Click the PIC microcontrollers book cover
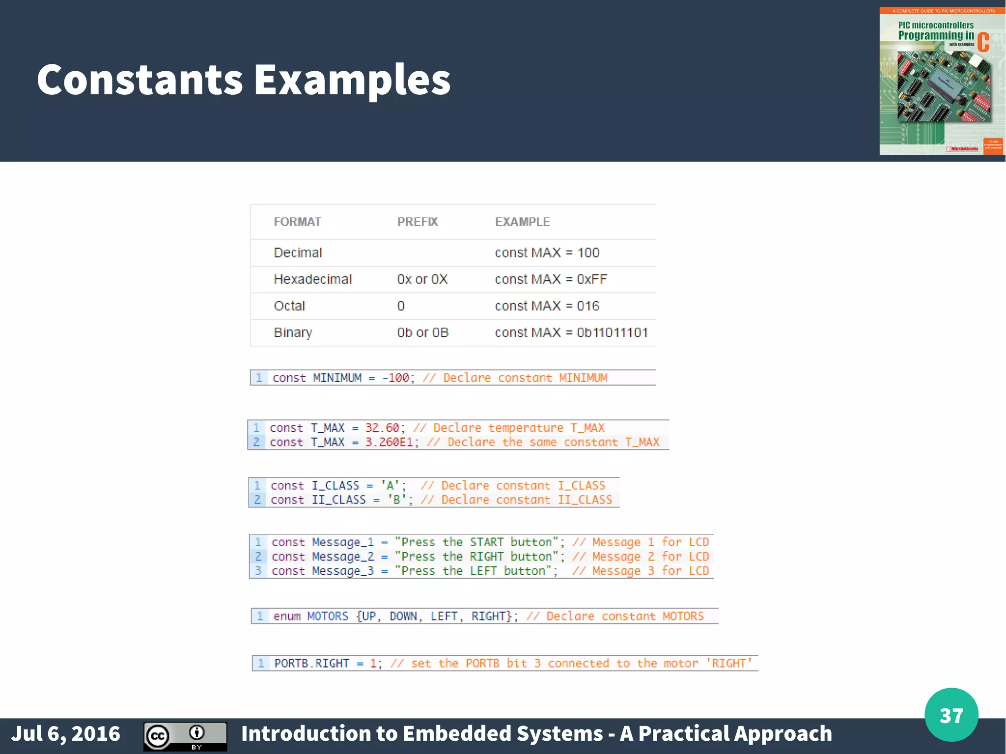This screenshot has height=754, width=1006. [x=942, y=81]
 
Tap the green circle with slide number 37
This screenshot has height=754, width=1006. [x=951, y=715]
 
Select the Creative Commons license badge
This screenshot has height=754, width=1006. [x=185, y=736]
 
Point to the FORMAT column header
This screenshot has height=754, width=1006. [x=297, y=222]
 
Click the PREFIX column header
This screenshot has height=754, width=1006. [x=418, y=222]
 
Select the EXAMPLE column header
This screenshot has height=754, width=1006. [x=522, y=222]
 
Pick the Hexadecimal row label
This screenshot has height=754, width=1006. [x=312, y=279]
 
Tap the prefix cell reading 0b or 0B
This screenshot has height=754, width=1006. [x=422, y=333]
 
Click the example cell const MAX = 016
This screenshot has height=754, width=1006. [x=547, y=306]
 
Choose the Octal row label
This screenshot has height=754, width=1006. [x=289, y=306]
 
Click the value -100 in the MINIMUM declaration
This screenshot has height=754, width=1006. [x=395, y=378]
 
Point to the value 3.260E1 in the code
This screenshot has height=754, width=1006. [x=389, y=442]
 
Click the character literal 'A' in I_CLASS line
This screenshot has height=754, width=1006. [x=391, y=485]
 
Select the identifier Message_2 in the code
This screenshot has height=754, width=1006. [x=343, y=557]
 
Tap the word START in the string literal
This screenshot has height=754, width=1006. [x=486, y=542]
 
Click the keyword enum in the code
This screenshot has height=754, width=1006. [x=287, y=616]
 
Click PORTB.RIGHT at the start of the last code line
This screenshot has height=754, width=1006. [x=311, y=663]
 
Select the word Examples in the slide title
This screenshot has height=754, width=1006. [x=352, y=80]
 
